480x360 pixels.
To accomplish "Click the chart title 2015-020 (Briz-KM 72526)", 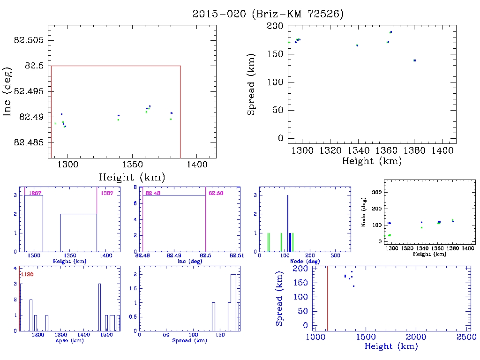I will coord(268,14).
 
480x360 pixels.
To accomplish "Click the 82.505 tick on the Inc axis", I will coord(29,40).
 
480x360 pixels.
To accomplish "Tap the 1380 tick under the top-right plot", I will coord(414,151).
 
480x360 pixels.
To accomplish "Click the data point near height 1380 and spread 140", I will coord(414,60).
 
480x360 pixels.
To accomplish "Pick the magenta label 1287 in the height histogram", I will coord(35,193).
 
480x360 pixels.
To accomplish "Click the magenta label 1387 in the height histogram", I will coord(105,193).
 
